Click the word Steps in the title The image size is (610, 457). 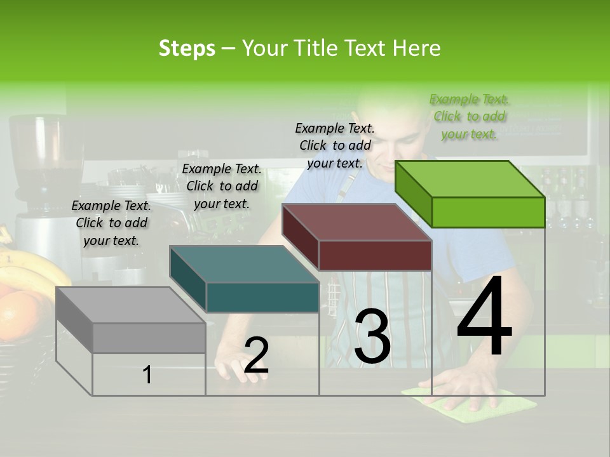pos(187,48)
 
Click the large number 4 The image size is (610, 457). pos(484,318)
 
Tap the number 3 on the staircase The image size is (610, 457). pos(372,337)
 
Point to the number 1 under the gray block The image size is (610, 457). pos(147,374)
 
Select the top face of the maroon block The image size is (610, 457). pos(356,222)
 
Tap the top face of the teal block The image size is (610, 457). pos(244,264)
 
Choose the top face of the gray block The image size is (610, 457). pos(131,305)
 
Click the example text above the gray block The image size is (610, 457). pos(111,223)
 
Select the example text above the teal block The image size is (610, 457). pos(222,186)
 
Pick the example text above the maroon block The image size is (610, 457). pos(335,145)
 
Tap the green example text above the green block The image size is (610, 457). pos(469,116)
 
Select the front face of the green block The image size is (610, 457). pos(488,212)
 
